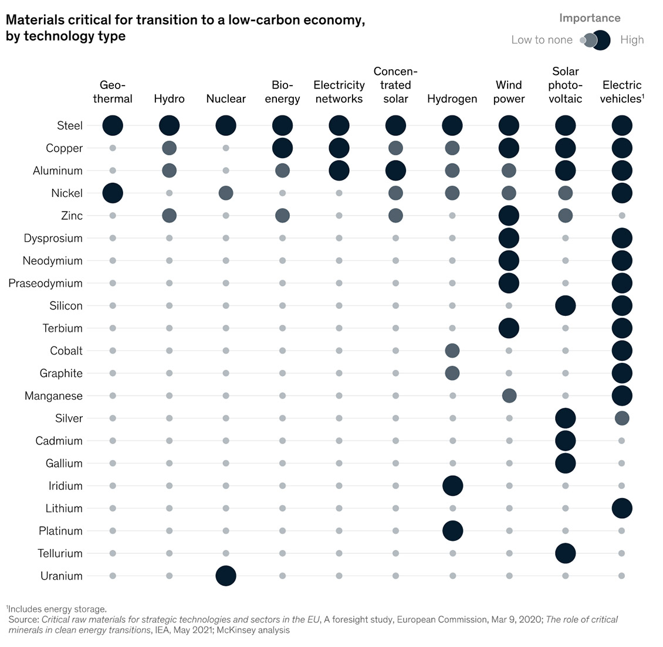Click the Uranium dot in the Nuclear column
coord(226,576)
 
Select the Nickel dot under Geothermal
coord(113,193)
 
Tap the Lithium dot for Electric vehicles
coord(622,508)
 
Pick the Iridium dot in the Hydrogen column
coord(452,486)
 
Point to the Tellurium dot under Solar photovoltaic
coord(565,553)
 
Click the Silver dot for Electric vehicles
coord(622,418)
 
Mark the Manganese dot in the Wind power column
coord(509,396)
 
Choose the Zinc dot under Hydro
coord(170,216)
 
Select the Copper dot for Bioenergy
coord(282,148)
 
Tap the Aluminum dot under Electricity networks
coord(339,171)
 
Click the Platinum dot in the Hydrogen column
coord(452,531)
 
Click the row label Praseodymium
coord(45,283)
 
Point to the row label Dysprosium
coord(53,238)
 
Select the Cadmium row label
coord(59,441)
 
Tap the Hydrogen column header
coord(452,98)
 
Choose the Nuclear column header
coord(226,98)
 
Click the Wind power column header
coord(509,92)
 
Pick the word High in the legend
coord(632,40)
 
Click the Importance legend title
coord(590,18)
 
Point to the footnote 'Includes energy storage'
coord(57,609)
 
